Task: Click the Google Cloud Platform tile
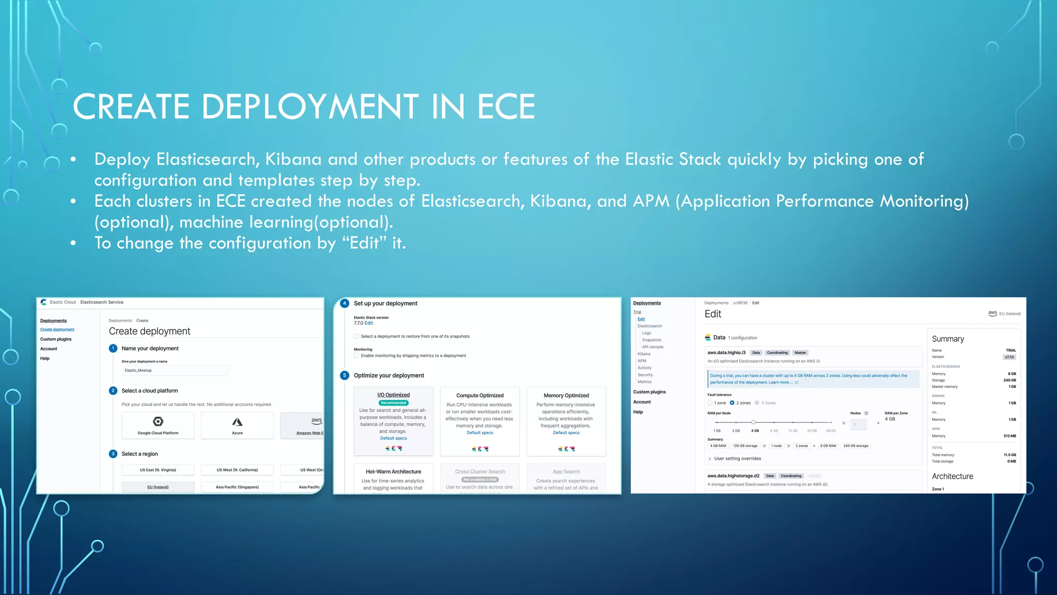point(158,426)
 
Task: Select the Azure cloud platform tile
point(237,426)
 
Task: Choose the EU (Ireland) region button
point(158,487)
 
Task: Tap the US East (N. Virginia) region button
point(158,470)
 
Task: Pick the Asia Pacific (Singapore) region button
point(237,487)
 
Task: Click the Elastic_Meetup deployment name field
point(175,370)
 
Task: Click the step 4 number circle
point(345,304)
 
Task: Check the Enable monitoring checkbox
point(356,355)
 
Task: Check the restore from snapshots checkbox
point(356,336)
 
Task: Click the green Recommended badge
point(393,403)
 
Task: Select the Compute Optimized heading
point(479,396)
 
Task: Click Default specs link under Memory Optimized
point(566,433)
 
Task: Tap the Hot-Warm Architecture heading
point(393,472)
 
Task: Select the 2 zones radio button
point(732,403)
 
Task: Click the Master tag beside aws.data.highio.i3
point(800,353)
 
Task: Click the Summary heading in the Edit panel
point(948,339)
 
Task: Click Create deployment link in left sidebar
point(57,330)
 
